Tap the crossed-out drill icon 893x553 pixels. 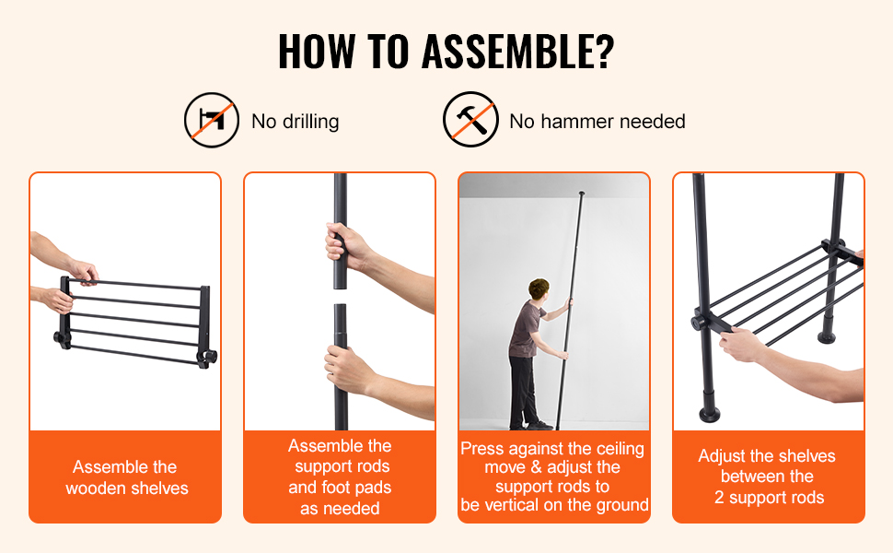[x=212, y=121]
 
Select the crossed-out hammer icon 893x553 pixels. [x=470, y=120]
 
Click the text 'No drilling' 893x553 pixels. [x=295, y=122]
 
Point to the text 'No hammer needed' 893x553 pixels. [x=597, y=122]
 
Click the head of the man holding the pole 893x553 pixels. [x=539, y=289]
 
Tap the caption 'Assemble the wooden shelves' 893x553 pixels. [x=126, y=477]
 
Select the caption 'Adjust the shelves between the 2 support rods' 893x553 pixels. [x=767, y=477]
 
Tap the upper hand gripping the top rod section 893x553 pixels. [x=346, y=246]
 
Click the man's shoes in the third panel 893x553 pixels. [x=531, y=425]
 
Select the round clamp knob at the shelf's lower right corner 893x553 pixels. [x=208, y=358]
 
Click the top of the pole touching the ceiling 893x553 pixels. [x=581, y=194]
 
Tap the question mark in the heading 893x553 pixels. [x=601, y=52]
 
